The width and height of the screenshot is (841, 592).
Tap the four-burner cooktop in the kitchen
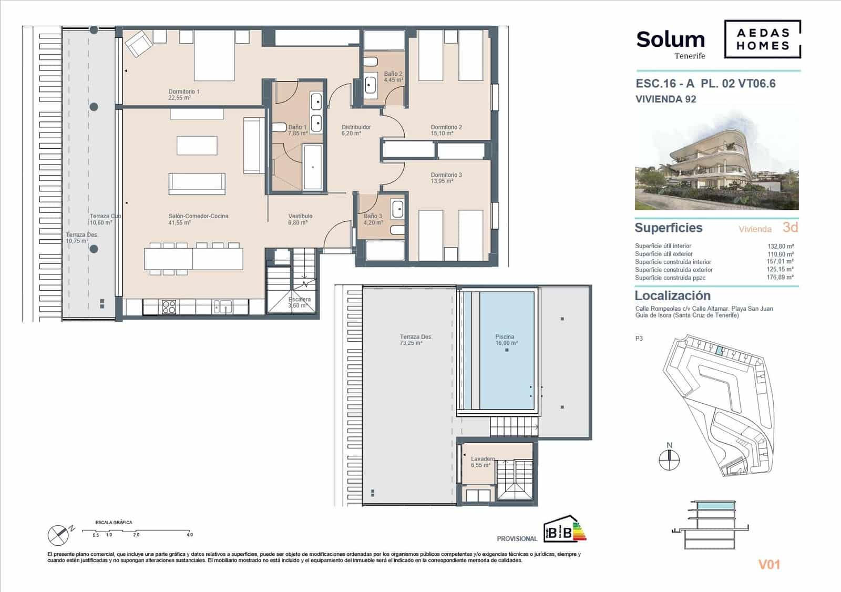[169, 307]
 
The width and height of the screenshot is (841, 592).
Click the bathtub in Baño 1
[313, 167]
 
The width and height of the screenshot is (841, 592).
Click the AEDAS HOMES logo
[762, 39]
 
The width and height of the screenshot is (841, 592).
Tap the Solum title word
[670, 40]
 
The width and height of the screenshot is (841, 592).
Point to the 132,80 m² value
[780, 246]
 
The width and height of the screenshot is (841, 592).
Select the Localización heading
[672, 295]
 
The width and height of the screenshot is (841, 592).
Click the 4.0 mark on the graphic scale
[190, 535]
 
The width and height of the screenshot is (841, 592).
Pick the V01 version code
[769, 565]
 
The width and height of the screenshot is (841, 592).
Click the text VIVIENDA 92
[665, 99]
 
